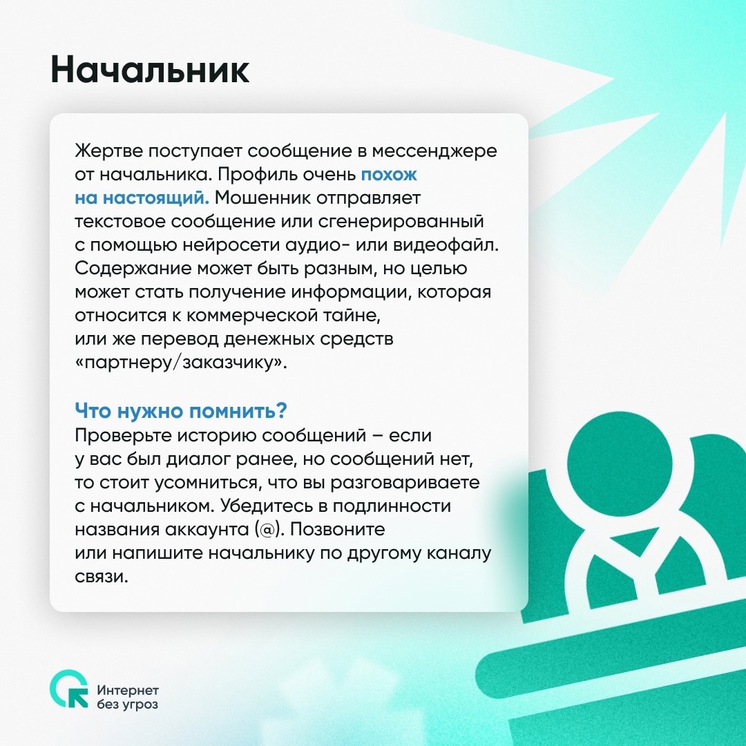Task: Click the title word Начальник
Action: point(150,70)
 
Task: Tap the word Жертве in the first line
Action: point(108,151)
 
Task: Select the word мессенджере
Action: point(434,152)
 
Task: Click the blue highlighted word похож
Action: point(389,175)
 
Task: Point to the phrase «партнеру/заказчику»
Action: point(181,363)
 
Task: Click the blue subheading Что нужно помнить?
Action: point(181,410)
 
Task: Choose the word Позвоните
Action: point(337,529)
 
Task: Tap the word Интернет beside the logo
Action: point(128,690)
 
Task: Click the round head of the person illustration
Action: point(620,468)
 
